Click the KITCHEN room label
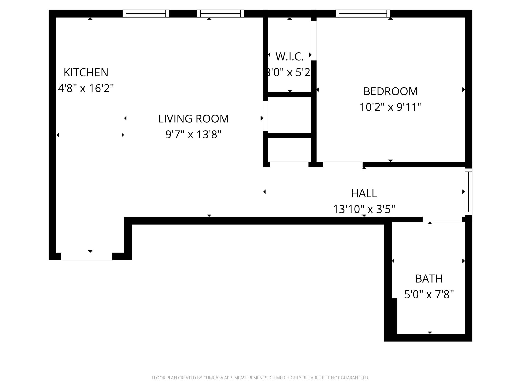[x=86, y=73]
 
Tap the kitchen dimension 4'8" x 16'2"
[x=86, y=88]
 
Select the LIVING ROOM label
[x=193, y=119]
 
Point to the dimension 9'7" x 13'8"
[x=193, y=134]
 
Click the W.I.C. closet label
[x=290, y=57]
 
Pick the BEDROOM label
[x=390, y=91]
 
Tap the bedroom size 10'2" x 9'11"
[x=390, y=107]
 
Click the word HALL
[x=364, y=193]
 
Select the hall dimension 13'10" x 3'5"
[x=364, y=209]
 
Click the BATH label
[x=429, y=279]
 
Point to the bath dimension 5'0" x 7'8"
[x=429, y=295]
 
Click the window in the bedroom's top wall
[x=363, y=13]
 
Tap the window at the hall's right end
[x=468, y=192]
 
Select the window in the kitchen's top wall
[x=146, y=13]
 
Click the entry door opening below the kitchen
[x=87, y=256]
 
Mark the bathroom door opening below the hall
[x=442, y=219]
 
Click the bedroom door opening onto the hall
[x=343, y=164]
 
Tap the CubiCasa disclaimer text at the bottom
[x=260, y=378]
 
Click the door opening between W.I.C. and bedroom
[x=314, y=40]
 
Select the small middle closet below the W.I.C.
[x=290, y=115]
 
